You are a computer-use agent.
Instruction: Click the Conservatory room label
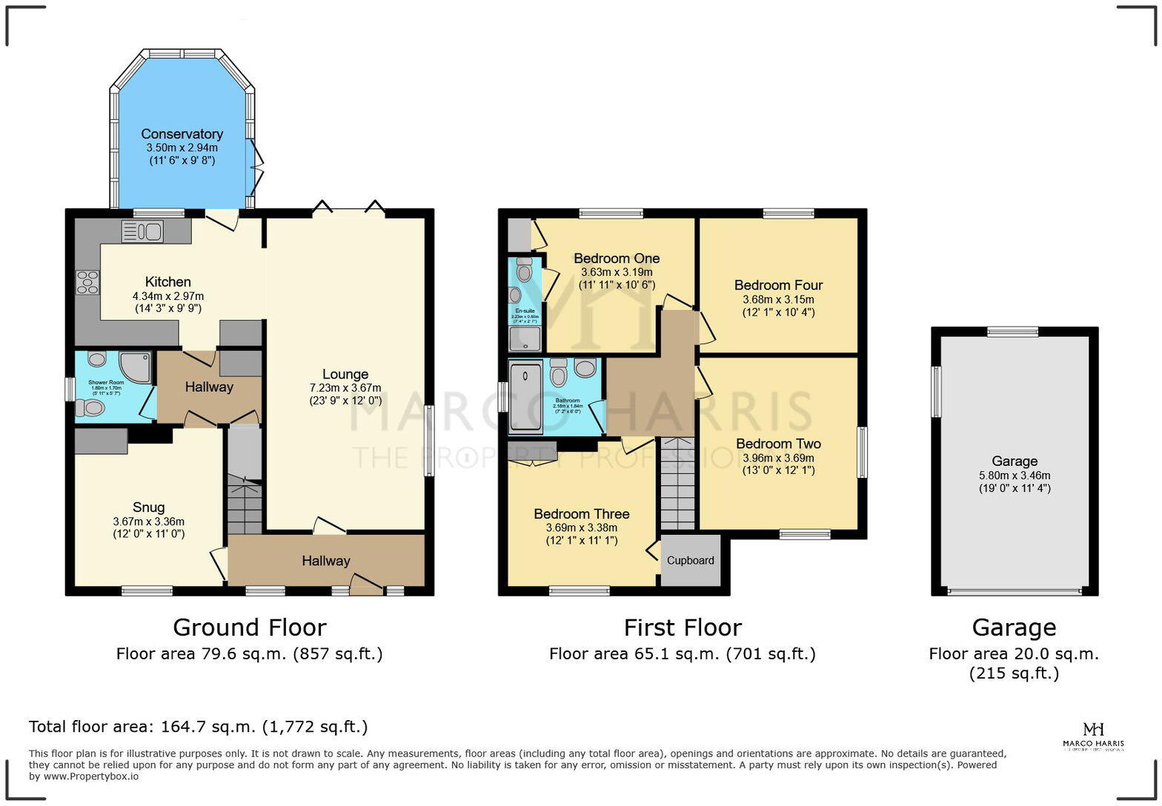pyautogui.click(x=182, y=134)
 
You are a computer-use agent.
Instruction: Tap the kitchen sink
pyautogui.click(x=142, y=232)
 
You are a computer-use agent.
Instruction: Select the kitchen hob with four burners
pyautogui.click(x=87, y=282)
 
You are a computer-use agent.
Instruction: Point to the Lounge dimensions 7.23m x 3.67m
pyautogui.click(x=345, y=387)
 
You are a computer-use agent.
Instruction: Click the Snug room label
pyautogui.click(x=148, y=507)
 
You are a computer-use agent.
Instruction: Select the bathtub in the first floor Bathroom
pyautogui.click(x=526, y=396)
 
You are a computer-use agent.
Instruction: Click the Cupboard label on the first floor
pyautogui.click(x=690, y=560)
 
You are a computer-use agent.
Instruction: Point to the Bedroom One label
pyautogui.click(x=617, y=259)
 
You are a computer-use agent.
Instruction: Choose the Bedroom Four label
pyautogui.click(x=778, y=285)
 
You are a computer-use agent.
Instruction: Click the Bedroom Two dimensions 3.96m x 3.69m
pyautogui.click(x=778, y=458)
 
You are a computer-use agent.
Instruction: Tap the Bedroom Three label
pyautogui.click(x=581, y=514)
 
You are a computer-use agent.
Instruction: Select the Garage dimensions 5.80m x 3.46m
pyautogui.click(x=1014, y=476)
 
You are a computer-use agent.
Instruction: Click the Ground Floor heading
pyautogui.click(x=249, y=627)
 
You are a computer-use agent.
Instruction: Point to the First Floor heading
pyautogui.click(x=682, y=627)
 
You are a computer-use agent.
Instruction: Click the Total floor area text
pyautogui.click(x=198, y=726)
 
